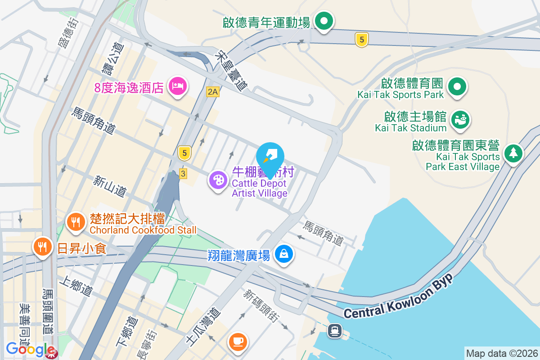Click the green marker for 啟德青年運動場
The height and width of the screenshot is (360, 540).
point(323,21)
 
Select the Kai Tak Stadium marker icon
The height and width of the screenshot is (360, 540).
point(461,119)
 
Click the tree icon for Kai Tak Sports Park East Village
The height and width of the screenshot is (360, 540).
point(513,153)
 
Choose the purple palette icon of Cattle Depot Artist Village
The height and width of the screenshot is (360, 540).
point(218,180)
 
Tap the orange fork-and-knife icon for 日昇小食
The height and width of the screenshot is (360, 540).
point(42,246)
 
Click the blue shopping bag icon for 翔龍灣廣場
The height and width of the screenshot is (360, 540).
point(284,254)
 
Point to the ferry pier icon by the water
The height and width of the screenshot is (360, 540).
point(334,331)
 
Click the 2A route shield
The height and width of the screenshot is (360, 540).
point(213,92)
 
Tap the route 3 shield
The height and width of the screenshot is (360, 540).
point(183,174)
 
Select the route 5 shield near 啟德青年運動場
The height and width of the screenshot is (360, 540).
point(361,40)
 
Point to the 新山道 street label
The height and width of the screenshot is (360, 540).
point(110,185)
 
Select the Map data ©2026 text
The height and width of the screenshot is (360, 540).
point(502,353)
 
